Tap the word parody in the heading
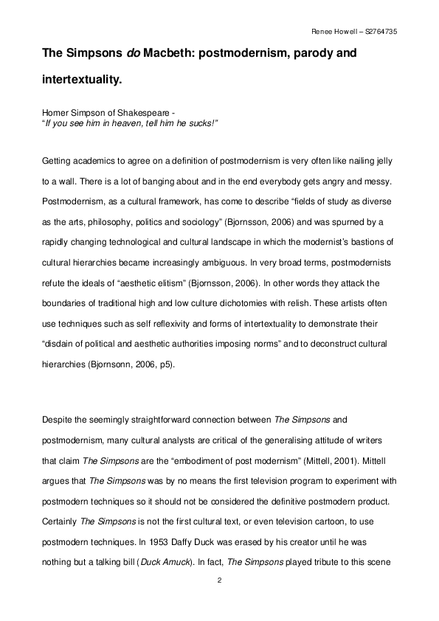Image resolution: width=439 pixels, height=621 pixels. [x=325, y=54]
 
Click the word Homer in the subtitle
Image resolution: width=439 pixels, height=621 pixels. [x=55, y=113]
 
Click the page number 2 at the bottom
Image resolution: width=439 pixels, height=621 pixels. [x=219, y=581]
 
